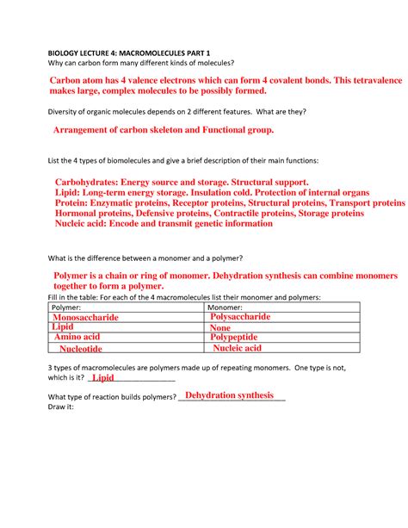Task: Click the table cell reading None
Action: click(x=221, y=328)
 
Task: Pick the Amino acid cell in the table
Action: click(x=77, y=338)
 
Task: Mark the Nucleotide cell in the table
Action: click(x=81, y=349)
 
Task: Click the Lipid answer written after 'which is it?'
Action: click(x=102, y=377)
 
